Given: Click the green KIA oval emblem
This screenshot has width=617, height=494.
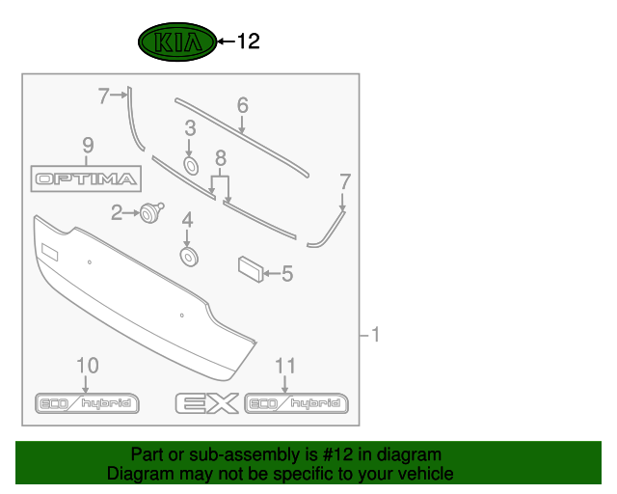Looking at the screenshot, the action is pyautogui.click(x=177, y=41).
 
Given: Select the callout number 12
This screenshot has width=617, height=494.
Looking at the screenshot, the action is pyautogui.click(x=249, y=41).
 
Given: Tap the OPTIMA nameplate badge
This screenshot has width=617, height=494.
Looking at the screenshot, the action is pyautogui.click(x=86, y=178).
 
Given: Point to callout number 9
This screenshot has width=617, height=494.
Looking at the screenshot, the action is pyautogui.click(x=88, y=146).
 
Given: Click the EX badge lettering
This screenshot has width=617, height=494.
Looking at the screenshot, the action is pyautogui.click(x=207, y=403).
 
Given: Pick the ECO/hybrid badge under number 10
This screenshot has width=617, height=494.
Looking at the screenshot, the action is pyautogui.click(x=87, y=403).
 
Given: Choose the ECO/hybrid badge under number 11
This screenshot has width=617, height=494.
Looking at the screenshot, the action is pyautogui.click(x=296, y=403).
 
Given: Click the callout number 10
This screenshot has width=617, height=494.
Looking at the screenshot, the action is pyautogui.click(x=88, y=366).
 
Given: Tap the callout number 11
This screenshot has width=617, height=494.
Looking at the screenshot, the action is pyautogui.click(x=285, y=366).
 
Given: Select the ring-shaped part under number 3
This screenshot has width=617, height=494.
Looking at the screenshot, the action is pyautogui.click(x=191, y=165).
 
